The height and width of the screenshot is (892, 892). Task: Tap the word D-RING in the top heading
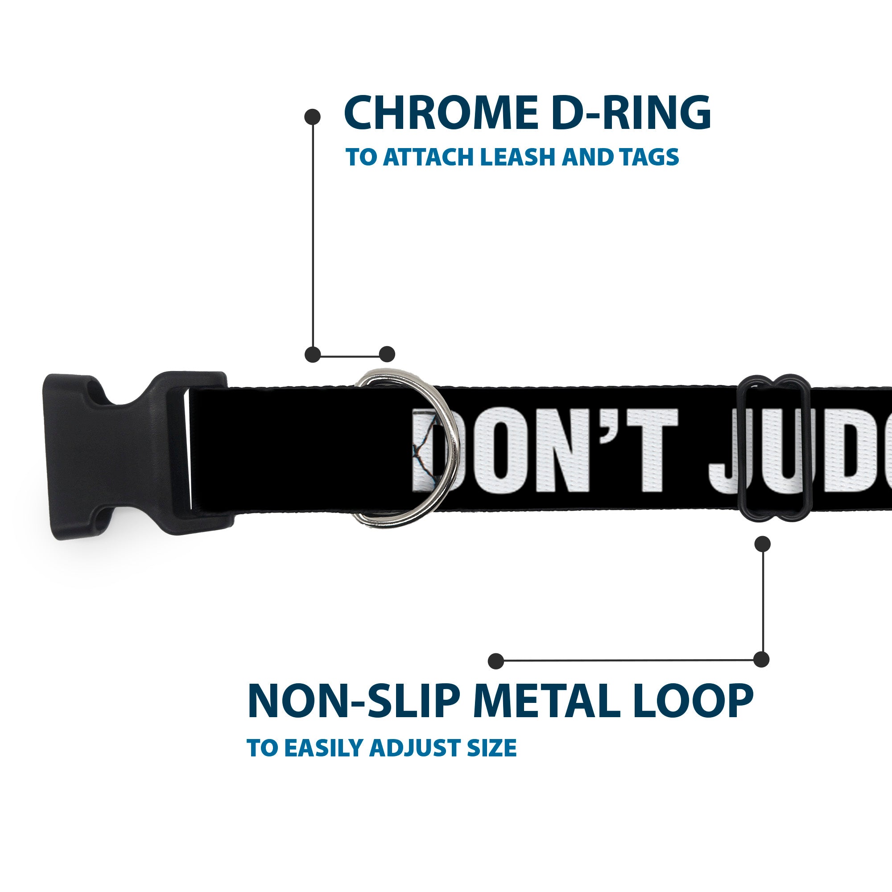[x=631, y=113]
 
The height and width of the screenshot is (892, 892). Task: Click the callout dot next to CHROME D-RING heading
[x=313, y=117]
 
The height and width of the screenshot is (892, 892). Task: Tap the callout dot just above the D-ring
[x=387, y=355]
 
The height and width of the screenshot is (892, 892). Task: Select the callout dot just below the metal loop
[x=762, y=543]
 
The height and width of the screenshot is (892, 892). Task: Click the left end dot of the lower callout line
[x=496, y=661]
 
